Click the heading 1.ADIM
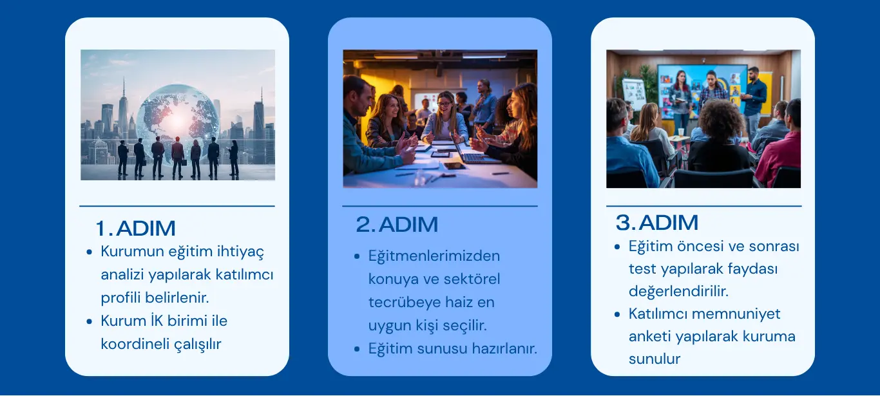(x=135, y=228)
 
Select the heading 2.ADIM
(x=397, y=224)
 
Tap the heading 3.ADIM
(x=657, y=222)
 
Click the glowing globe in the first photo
(x=178, y=122)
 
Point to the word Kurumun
(x=133, y=251)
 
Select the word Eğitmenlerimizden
(x=434, y=256)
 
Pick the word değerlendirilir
(x=678, y=292)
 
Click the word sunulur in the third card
(x=655, y=359)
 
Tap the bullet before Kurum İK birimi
(x=89, y=322)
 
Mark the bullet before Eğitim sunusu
(x=357, y=349)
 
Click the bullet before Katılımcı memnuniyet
(x=617, y=314)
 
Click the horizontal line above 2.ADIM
(x=439, y=206)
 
